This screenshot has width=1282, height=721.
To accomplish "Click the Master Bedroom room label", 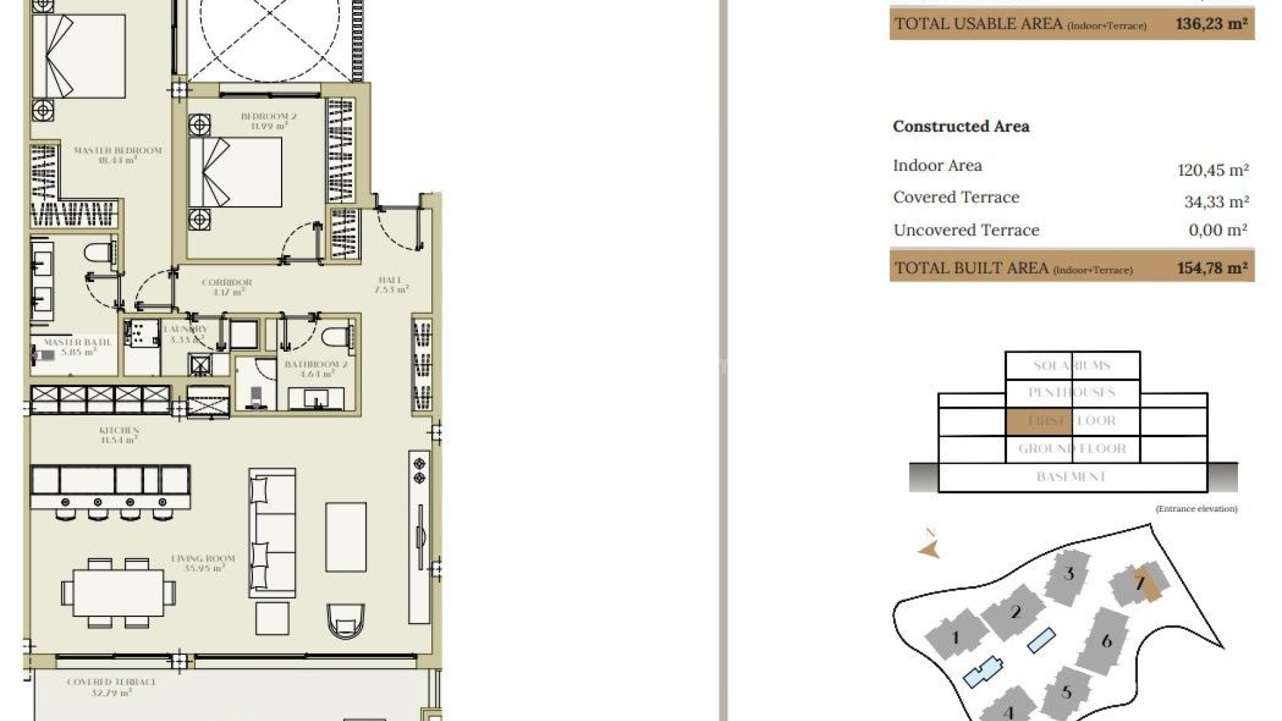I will (x=118, y=155).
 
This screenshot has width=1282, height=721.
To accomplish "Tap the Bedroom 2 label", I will (x=268, y=121).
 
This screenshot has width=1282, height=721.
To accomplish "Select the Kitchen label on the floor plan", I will (x=119, y=435).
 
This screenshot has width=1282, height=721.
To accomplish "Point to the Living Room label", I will (x=203, y=563).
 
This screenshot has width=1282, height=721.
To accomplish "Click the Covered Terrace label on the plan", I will (x=112, y=687).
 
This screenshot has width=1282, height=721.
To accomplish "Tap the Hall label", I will (x=391, y=285).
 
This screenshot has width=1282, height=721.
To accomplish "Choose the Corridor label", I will (x=226, y=287).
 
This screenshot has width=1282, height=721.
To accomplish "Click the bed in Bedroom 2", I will (x=235, y=172).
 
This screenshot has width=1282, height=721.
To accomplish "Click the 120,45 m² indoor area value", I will (x=1213, y=170).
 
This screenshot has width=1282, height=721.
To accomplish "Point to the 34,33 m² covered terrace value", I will (x=1216, y=202).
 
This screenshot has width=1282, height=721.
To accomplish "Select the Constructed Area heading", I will (x=961, y=126).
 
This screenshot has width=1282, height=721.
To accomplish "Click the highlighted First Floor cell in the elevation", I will (x=1038, y=421).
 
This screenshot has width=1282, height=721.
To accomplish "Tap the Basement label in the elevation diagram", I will (x=1071, y=477).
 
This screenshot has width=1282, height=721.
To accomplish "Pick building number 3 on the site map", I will (x=1068, y=573).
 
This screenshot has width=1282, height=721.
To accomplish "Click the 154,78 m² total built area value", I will (x=1212, y=268).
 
